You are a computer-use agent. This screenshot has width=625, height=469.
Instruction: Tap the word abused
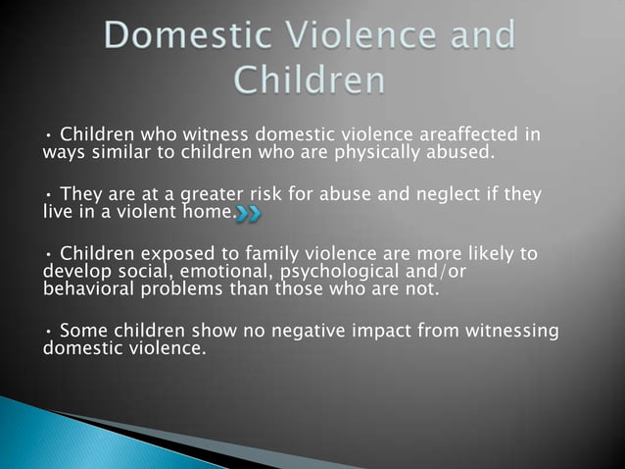459,152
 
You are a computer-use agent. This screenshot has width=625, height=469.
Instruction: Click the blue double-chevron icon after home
251,212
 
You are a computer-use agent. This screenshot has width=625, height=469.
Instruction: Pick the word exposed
175,254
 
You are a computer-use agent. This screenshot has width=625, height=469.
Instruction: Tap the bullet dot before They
48,194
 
